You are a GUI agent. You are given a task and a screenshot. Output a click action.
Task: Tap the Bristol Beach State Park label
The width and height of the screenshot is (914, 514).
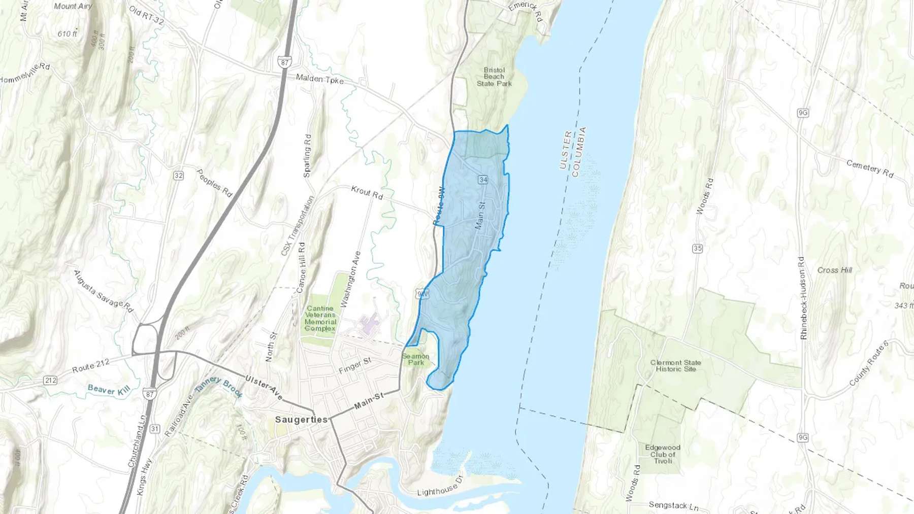tap(494, 77)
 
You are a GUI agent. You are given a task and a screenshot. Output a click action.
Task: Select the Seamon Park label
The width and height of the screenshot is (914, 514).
tap(416, 359)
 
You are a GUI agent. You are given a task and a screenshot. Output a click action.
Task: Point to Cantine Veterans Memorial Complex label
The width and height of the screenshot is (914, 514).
tap(320, 318)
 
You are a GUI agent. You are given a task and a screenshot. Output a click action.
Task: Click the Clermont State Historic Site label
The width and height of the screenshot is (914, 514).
tap(675, 366)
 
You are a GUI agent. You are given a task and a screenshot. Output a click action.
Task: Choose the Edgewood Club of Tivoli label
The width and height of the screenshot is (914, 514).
tap(663, 454)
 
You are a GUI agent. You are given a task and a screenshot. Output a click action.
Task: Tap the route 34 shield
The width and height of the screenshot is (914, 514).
tap(482, 180)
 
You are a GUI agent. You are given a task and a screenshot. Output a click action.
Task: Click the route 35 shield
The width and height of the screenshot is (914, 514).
tap(697, 248)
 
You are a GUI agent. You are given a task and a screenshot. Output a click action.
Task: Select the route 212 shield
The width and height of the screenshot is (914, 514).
tap(50, 380)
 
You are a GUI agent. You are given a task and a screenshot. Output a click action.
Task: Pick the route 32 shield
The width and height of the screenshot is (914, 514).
tap(178, 176)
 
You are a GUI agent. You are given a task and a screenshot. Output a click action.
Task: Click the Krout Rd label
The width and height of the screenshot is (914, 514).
tap(367, 192)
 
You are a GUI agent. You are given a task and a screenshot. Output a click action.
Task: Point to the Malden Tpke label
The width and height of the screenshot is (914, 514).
tap(320, 79)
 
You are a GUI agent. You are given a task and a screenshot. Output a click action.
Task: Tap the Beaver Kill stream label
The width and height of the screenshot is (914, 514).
tap(109, 390)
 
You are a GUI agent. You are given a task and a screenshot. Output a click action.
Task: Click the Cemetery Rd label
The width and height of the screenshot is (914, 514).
tap(870, 168)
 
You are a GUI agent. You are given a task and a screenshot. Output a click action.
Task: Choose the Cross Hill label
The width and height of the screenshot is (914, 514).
tap(834, 270)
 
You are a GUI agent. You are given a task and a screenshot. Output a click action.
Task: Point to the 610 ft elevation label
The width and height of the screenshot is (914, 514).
tap(67, 34)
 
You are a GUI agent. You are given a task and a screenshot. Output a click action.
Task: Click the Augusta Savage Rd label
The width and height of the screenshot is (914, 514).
tap(103, 291)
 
